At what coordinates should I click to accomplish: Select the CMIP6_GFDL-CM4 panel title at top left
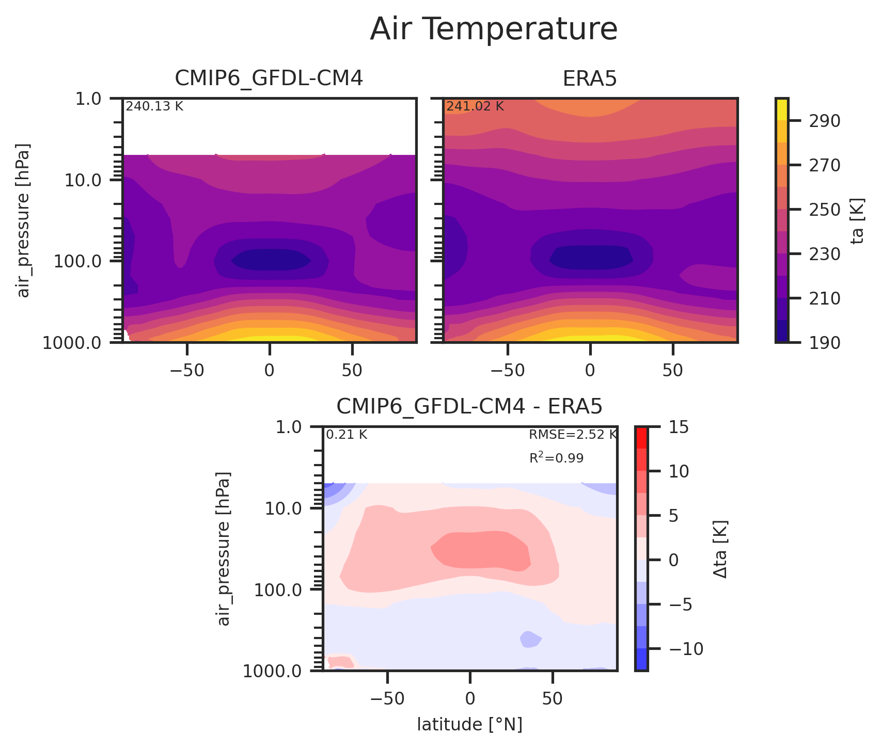click(269, 78)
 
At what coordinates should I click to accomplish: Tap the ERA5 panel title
click(590, 78)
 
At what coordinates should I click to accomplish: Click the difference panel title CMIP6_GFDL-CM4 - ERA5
click(469, 407)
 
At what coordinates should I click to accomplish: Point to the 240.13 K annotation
click(154, 107)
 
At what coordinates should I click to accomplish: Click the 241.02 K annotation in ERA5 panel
click(475, 107)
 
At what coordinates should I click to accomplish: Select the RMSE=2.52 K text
click(572, 435)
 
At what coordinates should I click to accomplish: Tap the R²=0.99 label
click(556, 458)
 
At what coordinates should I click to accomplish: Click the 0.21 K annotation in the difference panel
click(346, 435)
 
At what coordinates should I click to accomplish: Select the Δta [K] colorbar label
click(721, 549)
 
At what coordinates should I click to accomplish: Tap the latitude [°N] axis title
click(469, 725)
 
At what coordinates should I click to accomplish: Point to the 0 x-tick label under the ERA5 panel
click(590, 370)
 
